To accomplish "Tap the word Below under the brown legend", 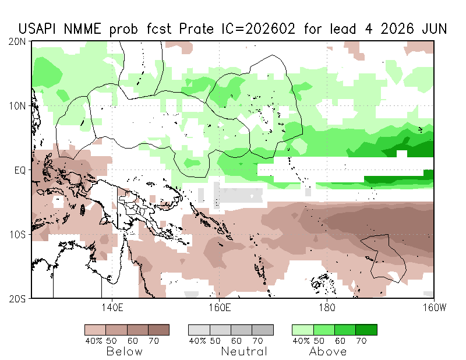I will (x=123, y=352).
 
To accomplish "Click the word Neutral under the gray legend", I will (x=244, y=352).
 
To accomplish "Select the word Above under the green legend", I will (x=328, y=352).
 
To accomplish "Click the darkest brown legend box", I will (x=158, y=330).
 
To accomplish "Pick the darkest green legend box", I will (x=366, y=330).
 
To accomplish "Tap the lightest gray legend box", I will (x=199, y=330).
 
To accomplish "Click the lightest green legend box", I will (x=302, y=330).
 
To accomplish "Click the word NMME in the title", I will (x=88, y=29).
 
